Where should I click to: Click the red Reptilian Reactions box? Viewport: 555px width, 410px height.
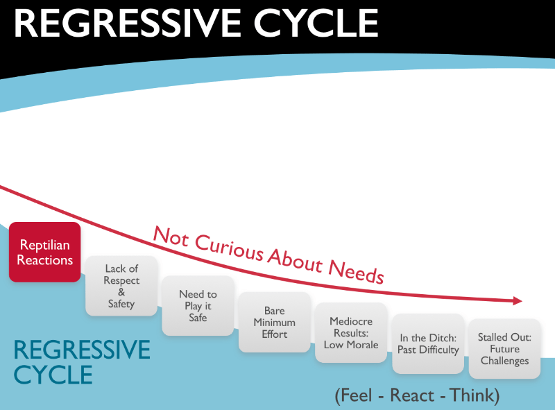pos(45,252)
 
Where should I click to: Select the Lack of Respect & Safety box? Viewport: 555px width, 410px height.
pos(121,285)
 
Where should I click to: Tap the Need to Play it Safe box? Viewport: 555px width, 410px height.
pos(198,305)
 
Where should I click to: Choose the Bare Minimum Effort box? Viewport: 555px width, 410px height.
pos(274,323)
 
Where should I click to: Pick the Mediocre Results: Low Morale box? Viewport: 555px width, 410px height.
pos(351,333)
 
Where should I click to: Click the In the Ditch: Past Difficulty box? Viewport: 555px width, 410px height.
pos(428,343)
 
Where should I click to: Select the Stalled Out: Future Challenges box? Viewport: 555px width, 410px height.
pos(504,348)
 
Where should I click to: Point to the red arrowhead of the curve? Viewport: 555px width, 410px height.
pos(517,300)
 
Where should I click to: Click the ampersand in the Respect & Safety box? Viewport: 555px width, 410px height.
pos(121,292)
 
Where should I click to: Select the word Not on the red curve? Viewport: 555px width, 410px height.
pos(169,235)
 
